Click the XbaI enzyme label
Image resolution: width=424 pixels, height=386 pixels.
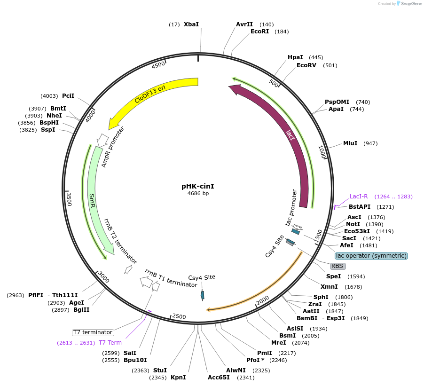(x=191, y=24)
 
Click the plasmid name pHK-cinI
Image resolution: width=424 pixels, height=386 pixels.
(x=198, y=186)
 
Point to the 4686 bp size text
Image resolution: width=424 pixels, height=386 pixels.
(x=198, y=193)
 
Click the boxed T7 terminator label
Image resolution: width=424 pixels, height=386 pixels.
(x=93, y=332)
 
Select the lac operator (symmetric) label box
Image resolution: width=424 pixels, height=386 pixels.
(x=371, y=256)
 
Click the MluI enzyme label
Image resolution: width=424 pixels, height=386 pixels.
(x=350, y=143)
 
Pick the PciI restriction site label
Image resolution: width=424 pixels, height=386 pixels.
(x=68, y=95)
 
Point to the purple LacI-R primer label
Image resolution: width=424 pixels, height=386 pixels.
(x=359, y=197)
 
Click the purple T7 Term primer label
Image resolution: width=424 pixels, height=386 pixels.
(x=110, y=343)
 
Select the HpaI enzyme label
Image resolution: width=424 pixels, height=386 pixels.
(x=295, y=57)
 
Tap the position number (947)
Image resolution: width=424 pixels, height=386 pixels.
(x=370, y=143)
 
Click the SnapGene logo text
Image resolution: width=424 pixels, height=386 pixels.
(x=411, y=4)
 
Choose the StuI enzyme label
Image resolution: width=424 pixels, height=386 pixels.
(x=160, y=370)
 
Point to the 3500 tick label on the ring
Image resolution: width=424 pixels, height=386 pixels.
(x=69, y=199)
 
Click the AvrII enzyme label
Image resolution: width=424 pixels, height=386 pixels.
(x=244, y=24)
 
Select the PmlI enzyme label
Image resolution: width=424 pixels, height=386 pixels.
(x=265, y=353)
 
